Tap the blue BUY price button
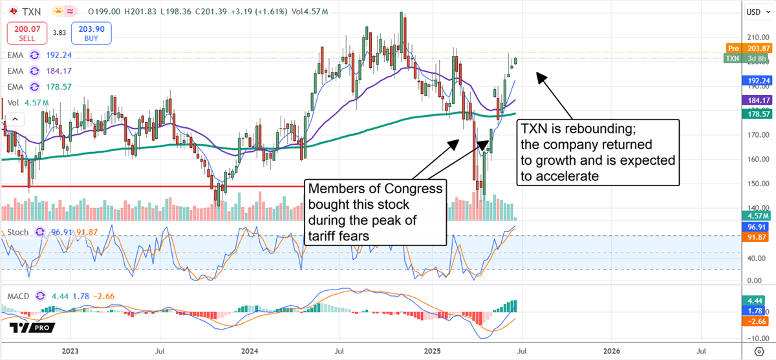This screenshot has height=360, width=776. (x=92, y=32)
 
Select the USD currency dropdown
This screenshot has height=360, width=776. (x=757, y=12)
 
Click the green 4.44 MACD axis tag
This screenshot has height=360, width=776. (x=755, y=301)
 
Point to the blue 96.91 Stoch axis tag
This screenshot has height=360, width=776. (x=755, y=228)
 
